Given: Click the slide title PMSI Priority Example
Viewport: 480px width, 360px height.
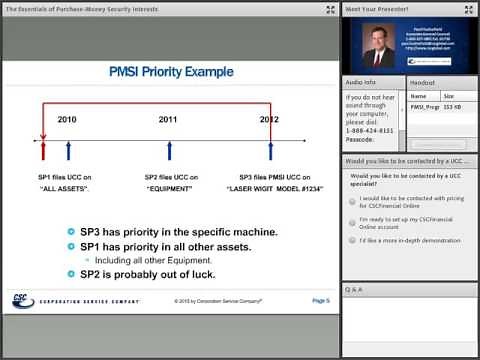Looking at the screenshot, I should [x=170, y=72].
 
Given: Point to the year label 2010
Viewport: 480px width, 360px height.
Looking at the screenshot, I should [x=67, y=120].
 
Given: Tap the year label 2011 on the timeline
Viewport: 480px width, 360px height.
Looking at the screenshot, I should [x=168, y=120].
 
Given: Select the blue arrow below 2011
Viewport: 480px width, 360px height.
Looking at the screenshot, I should [x=169, y=150].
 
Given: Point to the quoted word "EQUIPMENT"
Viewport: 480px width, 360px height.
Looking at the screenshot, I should [x=170, y=187].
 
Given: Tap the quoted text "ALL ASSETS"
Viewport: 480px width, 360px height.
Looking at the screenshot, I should [x=66, y=187].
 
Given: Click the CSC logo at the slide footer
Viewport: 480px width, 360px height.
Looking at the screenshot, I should [x=22, y=299].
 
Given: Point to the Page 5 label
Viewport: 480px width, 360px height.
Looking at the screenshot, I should [x=320, y=299].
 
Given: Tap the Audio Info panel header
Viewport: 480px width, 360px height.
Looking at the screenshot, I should [x=361, y=82].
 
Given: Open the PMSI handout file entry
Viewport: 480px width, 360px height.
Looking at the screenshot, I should [x=425, y=106].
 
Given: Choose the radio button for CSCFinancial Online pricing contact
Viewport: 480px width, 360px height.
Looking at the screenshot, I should [x=352, y=200].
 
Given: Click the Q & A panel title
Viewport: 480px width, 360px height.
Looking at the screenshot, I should [x=353, y=289].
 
